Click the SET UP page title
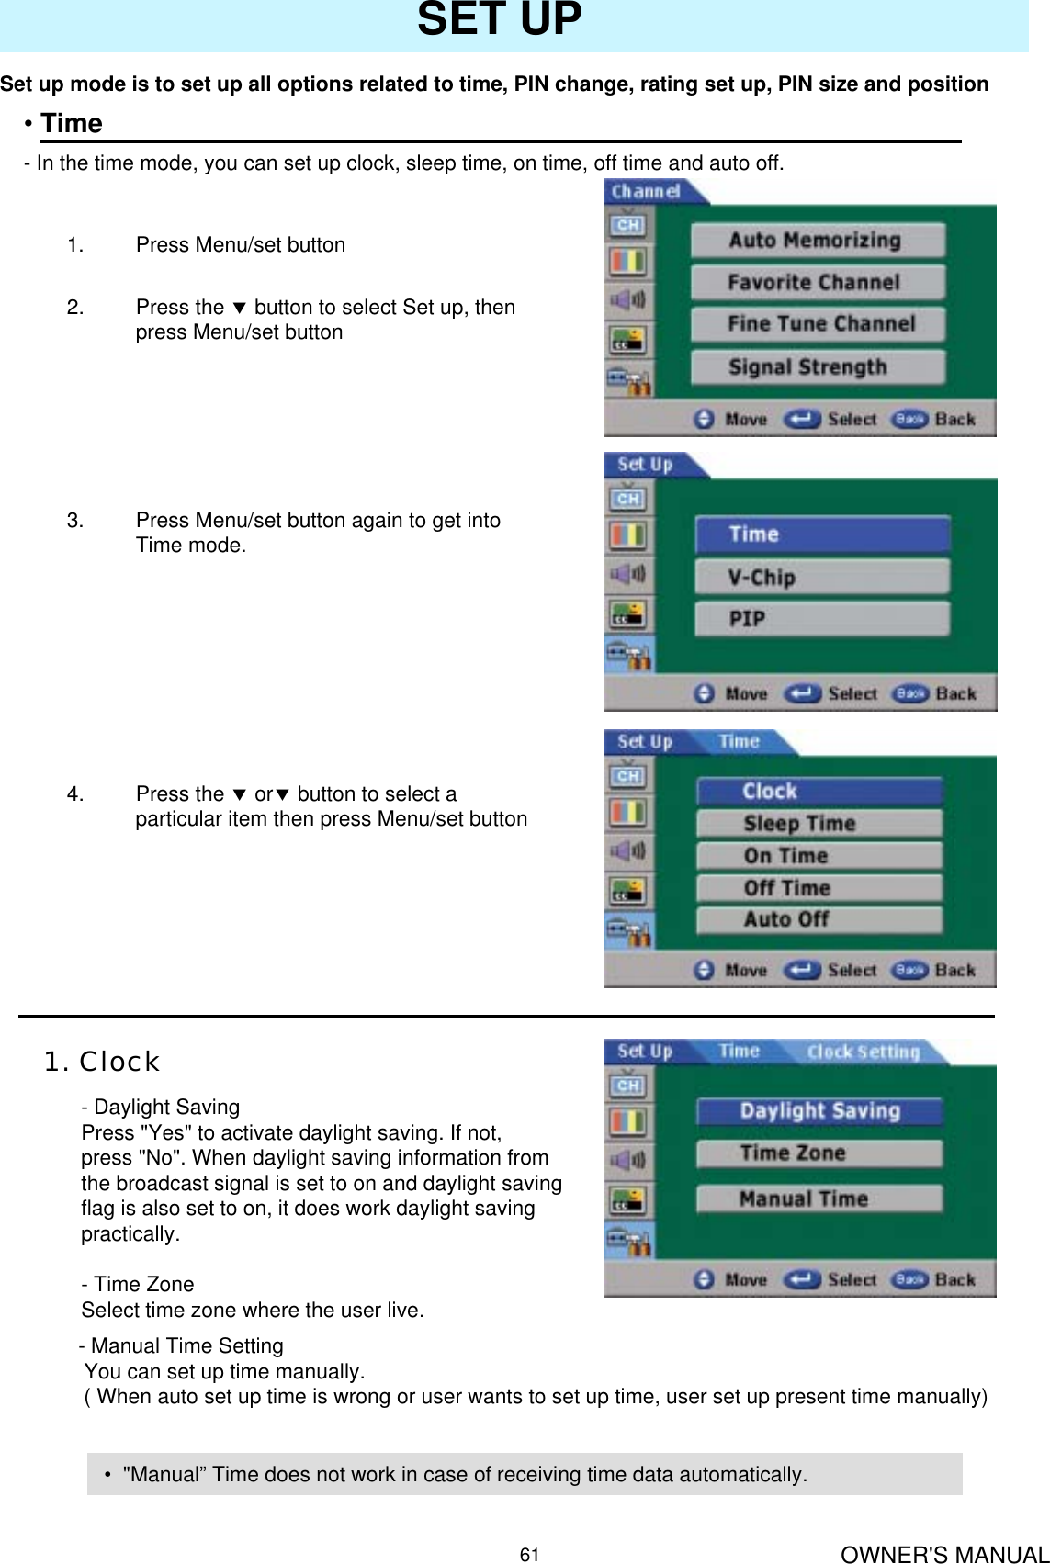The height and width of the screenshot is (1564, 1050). click(x=499, y=20)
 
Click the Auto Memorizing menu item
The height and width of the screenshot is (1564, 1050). click(x=817, y=241)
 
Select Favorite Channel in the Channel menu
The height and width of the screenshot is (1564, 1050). click(x=817, y=283)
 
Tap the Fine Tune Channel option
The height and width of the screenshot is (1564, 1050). click(x=817, y=324)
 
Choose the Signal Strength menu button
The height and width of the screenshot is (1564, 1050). click(x=817, y=367)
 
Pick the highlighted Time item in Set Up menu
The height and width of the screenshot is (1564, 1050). click(x=821, y=534)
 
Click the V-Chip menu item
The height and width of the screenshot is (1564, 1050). click(x=821, y=578)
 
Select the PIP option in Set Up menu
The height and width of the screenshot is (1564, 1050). click(x=821, y=619)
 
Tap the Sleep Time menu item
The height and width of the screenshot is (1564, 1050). click(x=819, y=824)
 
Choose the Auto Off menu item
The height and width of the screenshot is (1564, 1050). click(x=819, y=919)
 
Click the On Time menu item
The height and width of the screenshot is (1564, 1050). click(x=819, y=856)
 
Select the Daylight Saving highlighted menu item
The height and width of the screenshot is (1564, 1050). click(x=819, y=1111)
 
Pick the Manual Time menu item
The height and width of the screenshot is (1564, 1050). click(x=819, y=1199)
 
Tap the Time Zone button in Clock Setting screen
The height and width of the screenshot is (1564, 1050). click(x=819, y=1153)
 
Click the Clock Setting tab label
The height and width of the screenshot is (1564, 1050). click(x=863, y=1052)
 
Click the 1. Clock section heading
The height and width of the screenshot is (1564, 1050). click(x=102, y=1062)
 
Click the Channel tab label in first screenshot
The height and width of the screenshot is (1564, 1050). click(x=646, y=192)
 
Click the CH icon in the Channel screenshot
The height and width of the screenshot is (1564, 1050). click(x=628, y=225)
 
